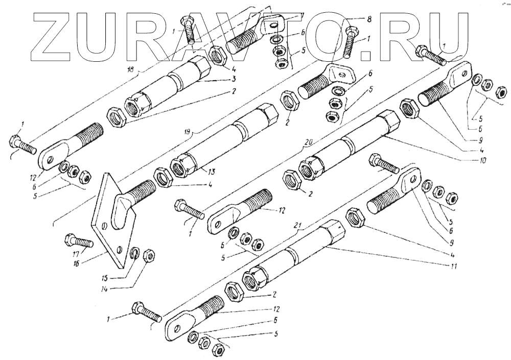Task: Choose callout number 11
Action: point(454,266)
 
